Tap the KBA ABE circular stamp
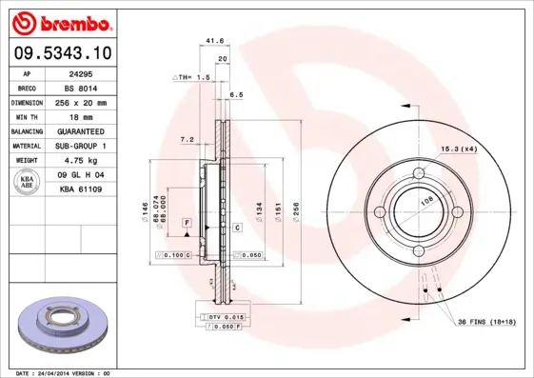pos(27,184)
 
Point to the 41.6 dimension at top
pos(214,42)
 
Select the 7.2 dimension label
pos(188,139)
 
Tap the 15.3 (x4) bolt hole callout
pos(459,149)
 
